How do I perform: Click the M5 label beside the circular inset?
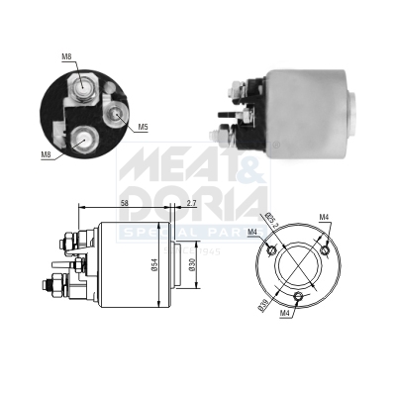pyautogui.click(x=143, y=127)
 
